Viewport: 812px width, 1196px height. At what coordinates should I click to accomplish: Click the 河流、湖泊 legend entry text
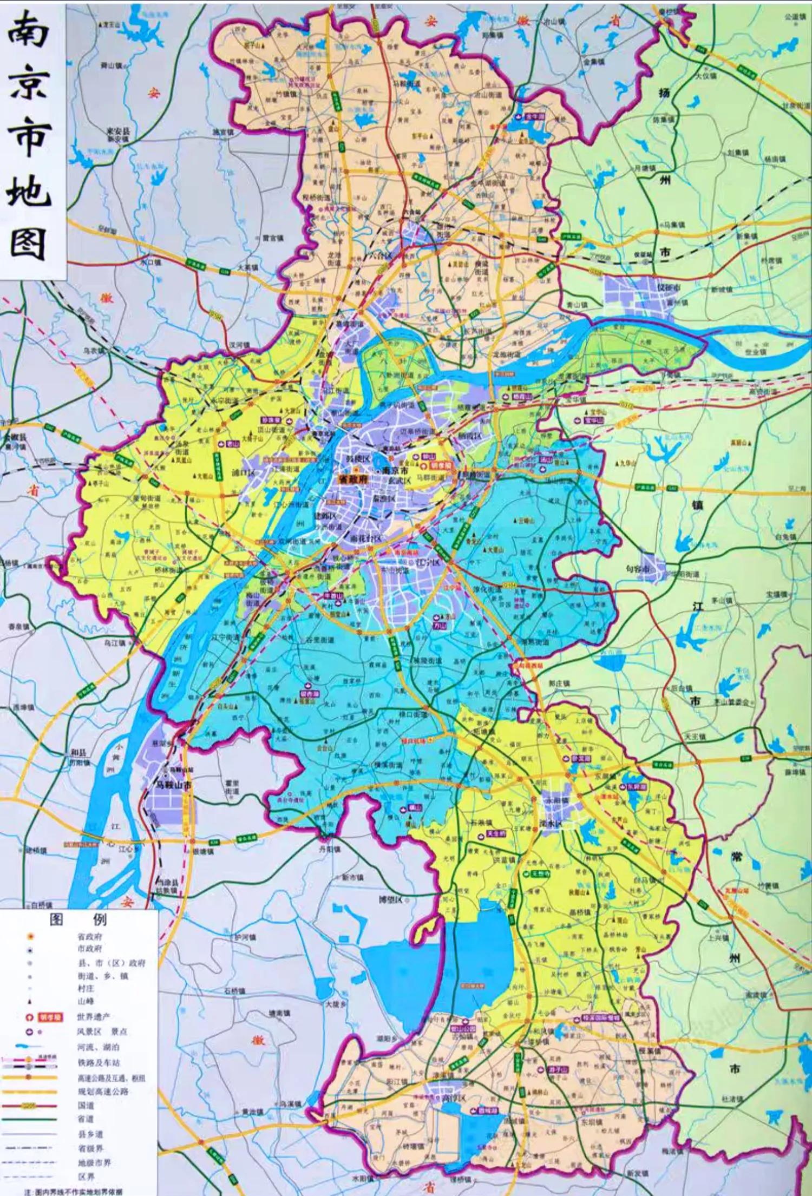click(98, 1047)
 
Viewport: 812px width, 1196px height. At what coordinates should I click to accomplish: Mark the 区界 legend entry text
click(86, 1177)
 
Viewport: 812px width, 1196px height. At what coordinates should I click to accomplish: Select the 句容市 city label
click(638, 569)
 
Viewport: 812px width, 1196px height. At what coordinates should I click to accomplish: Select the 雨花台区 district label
click(366, 539)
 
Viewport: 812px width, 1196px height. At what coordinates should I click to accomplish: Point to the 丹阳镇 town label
click(330, 849)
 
